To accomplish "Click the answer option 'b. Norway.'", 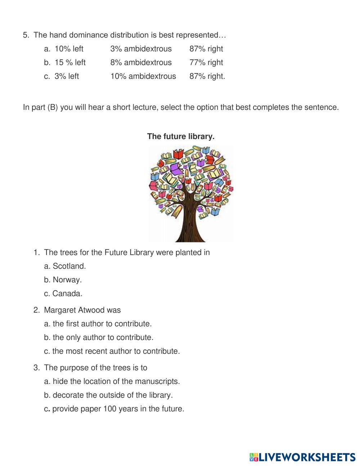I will coord(63,280).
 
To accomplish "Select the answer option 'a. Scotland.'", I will coord(65,266).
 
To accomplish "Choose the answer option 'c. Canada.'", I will coord(63,294).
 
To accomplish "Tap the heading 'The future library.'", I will coord(181,136).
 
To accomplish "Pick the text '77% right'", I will coord(206,62).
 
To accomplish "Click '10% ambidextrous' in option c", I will coord(143,76).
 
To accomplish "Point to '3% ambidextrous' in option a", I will coord(141,49).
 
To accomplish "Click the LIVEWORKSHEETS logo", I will coord(302,457).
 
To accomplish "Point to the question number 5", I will coord(26,35).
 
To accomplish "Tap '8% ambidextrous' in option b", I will coord(141,62).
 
